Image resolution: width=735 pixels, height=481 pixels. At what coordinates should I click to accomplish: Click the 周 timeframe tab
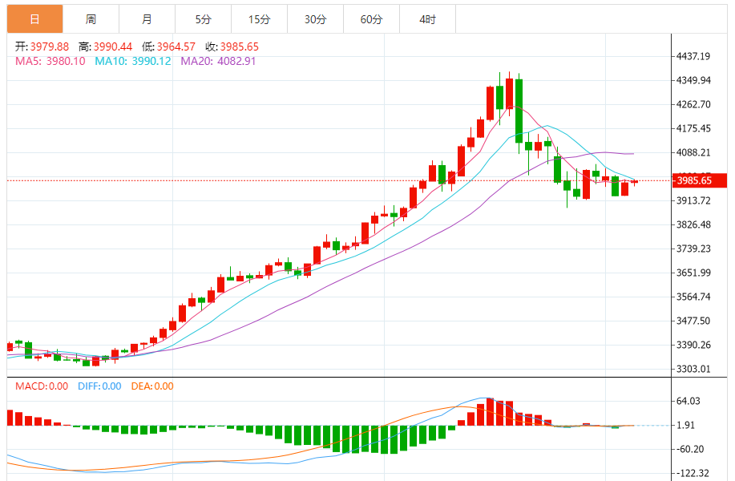[x=91, y=19]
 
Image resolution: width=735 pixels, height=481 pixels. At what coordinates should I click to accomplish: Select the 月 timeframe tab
[x=147, y=19]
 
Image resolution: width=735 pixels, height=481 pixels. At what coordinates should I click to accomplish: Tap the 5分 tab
[x=203, y=19]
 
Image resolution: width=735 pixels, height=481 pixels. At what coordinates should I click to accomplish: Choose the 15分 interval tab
[x=259, y=19]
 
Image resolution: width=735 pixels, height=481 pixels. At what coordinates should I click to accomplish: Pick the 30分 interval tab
[x=315, y=19]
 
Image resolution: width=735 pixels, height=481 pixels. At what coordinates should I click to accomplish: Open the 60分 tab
[x=371, y=19]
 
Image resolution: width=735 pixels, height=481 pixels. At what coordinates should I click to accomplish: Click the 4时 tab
[x=427, y=19]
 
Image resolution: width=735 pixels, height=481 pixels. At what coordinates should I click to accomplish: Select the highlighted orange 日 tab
[x=34, y=19]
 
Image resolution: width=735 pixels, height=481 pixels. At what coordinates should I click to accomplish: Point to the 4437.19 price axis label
[x=694, y=56]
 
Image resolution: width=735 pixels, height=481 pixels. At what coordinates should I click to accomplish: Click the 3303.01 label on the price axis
[x=694, y=369]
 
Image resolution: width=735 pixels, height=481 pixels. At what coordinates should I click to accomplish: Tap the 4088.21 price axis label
[x=694, y=152]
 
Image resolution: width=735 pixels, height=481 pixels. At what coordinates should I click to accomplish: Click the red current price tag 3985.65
[x=699, y=181]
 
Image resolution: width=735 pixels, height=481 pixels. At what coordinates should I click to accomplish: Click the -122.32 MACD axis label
[x=693, y=473]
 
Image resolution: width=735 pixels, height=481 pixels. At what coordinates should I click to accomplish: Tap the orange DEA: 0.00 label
[x=152, y=386]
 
